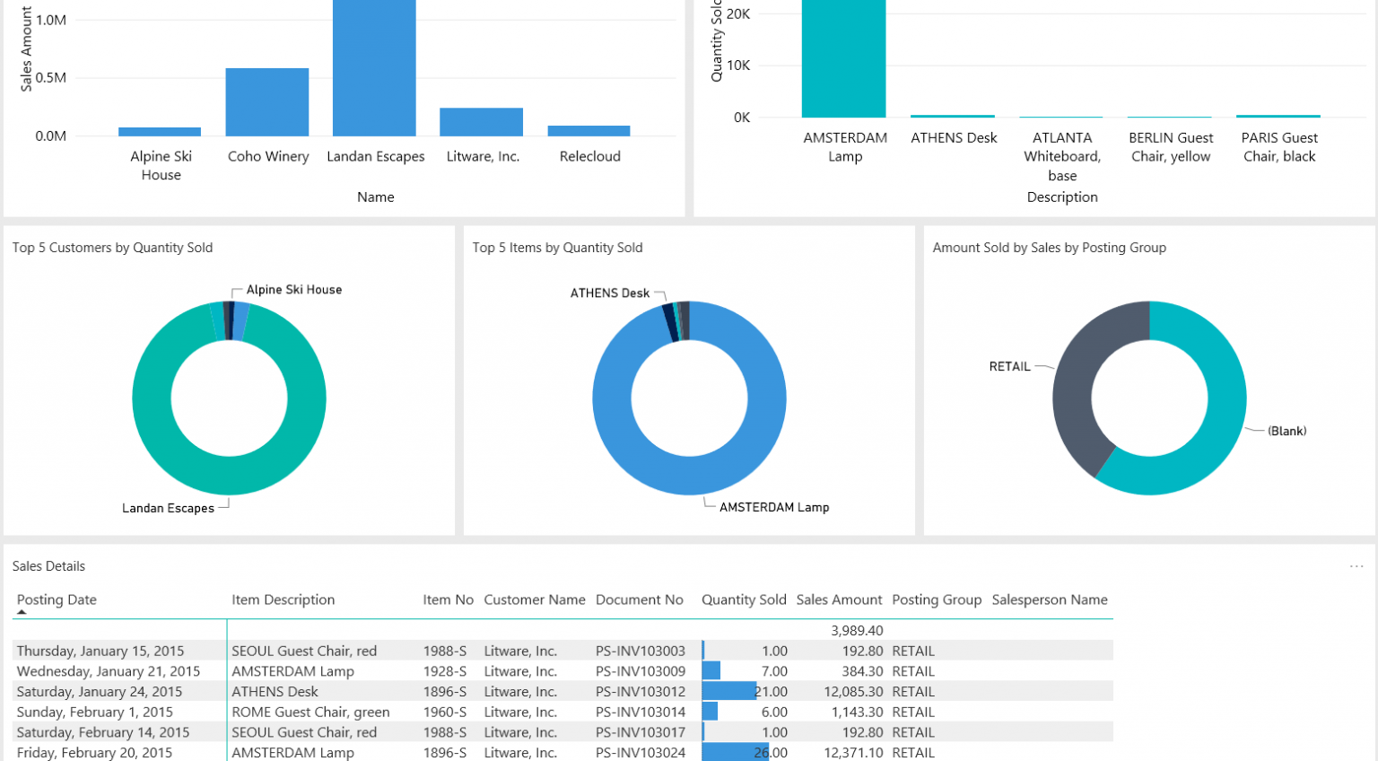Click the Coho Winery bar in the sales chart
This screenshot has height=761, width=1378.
point(267,102)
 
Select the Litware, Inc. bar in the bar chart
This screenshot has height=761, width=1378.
point(481,122)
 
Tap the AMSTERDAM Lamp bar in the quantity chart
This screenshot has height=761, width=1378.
point(843,58)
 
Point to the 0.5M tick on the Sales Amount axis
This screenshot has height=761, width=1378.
point(51,78)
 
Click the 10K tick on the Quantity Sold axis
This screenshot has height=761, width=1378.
point(739,66)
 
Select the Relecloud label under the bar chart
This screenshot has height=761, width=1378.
point(589,156)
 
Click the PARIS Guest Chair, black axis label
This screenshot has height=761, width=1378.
point(1279,147)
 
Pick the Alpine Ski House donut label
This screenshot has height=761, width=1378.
point(293,290)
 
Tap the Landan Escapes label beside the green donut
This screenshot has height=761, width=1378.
point(168,508)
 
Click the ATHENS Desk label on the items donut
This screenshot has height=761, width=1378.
point(610,293)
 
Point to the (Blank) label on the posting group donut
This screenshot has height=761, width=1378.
point(1286,432)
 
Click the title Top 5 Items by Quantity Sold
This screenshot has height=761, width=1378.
point(557,248)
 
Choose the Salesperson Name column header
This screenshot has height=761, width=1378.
point(1050,599)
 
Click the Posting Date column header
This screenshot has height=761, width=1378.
point(57,599)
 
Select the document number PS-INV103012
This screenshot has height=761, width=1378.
point(641,692)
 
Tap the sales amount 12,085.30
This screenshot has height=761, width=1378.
point(853,692)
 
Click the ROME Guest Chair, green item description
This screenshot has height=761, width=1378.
point(310,713)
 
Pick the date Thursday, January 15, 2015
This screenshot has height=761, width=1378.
point(100,652)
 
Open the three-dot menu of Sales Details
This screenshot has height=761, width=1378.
point(1356,566)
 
